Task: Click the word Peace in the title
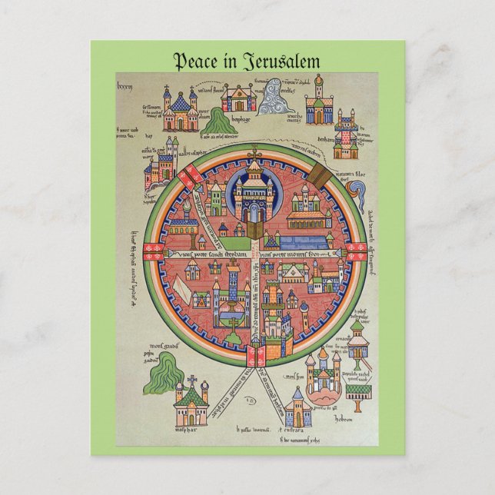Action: point(194,61)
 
